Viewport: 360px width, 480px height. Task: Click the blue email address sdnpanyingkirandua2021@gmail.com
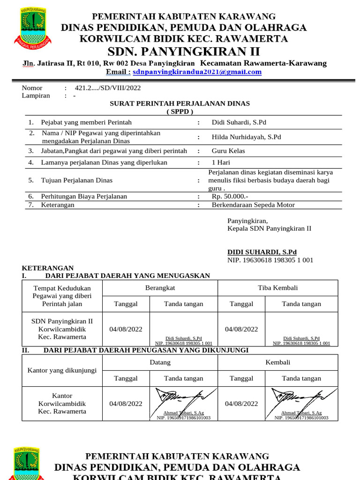(197, 72)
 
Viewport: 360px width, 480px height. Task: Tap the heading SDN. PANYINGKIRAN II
(184, 51)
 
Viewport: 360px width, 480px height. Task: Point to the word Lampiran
(36, 96)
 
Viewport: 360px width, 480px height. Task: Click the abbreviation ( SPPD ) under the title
(180, 112)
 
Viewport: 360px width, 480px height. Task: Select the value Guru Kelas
(228, 151)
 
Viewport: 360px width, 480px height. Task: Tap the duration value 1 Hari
(221, 163)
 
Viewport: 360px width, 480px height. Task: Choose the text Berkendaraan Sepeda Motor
(253, 205)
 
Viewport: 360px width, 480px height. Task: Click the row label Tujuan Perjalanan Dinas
(77, 180)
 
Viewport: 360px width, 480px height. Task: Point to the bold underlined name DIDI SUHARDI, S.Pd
(262, 252)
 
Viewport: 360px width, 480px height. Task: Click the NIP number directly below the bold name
(270, 260)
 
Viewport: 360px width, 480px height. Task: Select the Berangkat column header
(160, 288)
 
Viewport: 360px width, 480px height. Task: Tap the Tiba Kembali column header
(277, 288)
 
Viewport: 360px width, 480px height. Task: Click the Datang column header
(160, 362)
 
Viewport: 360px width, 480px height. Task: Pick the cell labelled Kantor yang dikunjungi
(62, 370)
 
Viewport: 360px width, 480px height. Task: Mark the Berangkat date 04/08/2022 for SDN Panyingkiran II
(126, 329)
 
